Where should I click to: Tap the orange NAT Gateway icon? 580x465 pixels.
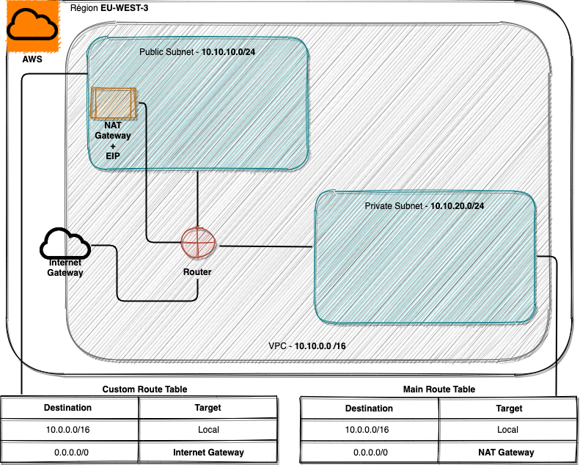coord(112,103)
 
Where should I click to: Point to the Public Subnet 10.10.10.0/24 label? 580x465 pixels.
coord(197,53)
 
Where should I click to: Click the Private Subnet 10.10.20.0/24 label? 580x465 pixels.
coord(424,206)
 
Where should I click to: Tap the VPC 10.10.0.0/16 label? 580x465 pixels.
coord(307,345)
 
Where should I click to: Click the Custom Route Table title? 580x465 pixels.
coord(144,389)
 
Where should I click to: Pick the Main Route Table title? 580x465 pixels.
coord(439,389)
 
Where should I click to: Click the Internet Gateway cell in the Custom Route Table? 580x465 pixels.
coord(208,453)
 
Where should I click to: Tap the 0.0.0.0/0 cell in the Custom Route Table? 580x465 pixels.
coord(71,453)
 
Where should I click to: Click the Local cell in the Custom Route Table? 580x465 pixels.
coord(208,430)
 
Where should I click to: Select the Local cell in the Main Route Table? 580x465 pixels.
coord(507,430)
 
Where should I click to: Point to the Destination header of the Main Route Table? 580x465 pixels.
coord(369,408)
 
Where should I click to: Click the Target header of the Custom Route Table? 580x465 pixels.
coord(208,408)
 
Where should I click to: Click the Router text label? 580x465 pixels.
coord(197,272)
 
